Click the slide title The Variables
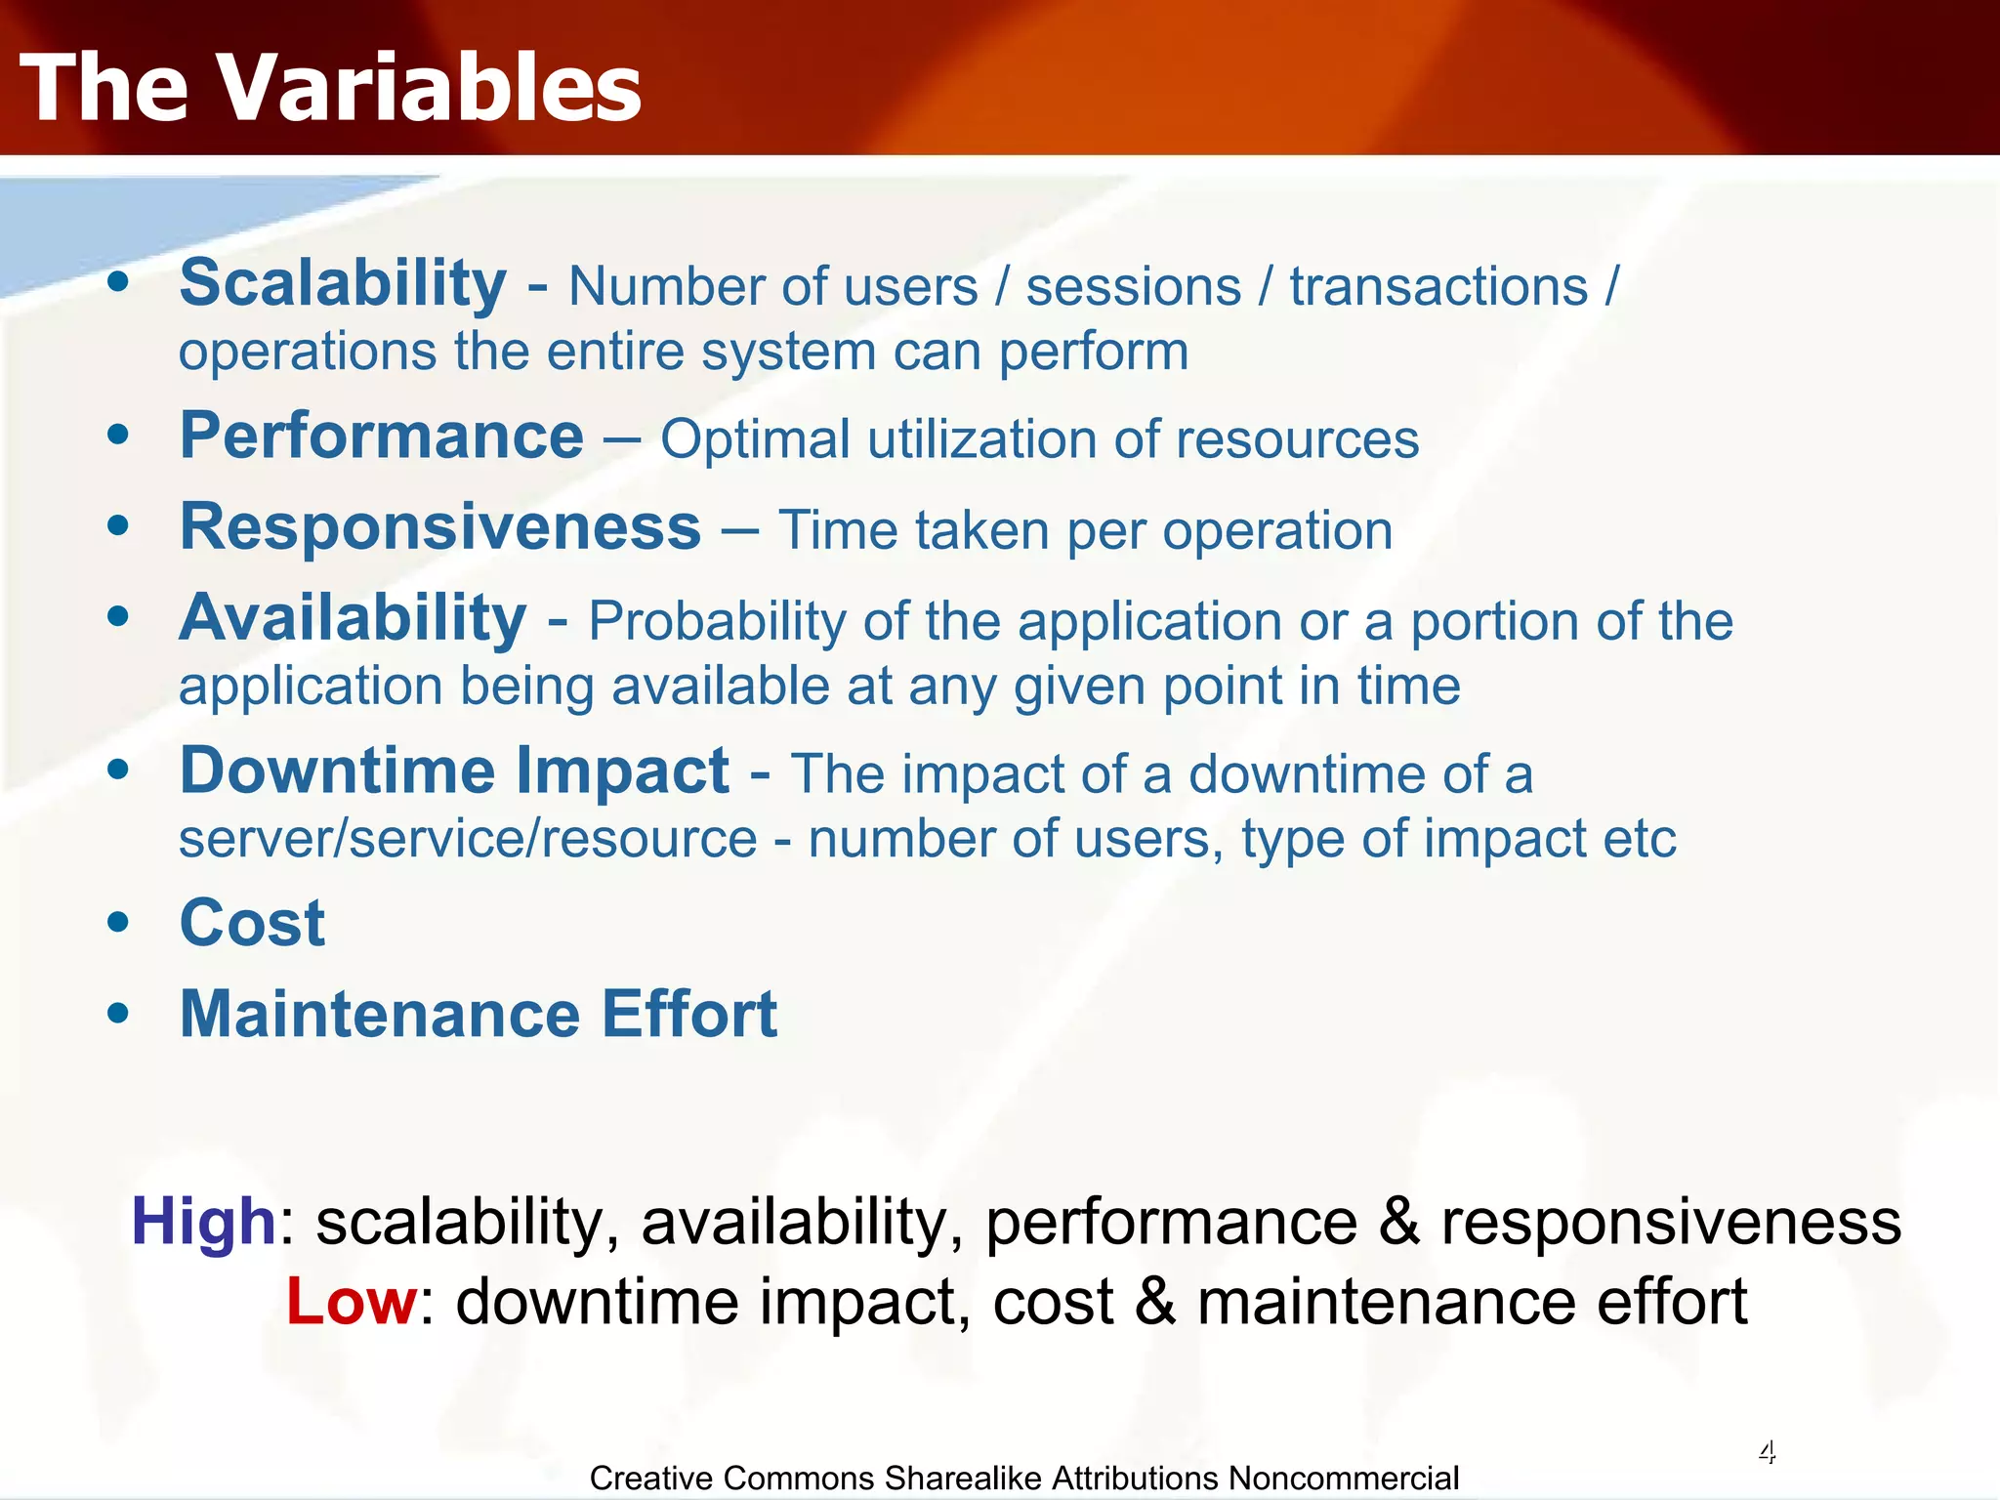330,88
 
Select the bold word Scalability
343,283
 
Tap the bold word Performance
382,436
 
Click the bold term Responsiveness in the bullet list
440,527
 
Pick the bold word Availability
353,618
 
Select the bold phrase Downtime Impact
454,771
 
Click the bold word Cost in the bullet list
252,923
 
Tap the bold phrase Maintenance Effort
479,1014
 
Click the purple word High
203,1222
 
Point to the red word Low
352,1302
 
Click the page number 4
1767,1452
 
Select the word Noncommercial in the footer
1343,1479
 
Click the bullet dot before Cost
118,923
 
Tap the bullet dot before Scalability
118,283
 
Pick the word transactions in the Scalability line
1438,287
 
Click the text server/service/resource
468,839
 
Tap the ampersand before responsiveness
1398,1222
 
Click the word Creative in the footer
647,1479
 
